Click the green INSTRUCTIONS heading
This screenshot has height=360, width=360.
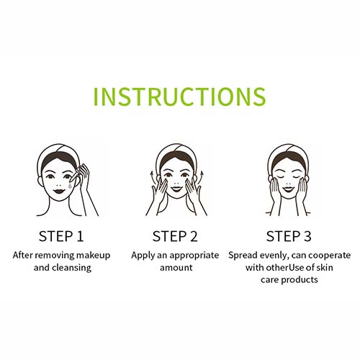coord(179,96)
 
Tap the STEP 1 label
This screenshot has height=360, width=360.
coord(61,236)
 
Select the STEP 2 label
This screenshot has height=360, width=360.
coord(175,236)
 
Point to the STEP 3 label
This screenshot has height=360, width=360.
coord(289,236)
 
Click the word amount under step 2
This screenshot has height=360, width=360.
coord(176,268)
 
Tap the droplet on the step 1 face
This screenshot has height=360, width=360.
coord(70,186)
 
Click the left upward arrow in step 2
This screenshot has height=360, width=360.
coord(151,176)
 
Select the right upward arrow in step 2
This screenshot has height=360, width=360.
coord(202,176)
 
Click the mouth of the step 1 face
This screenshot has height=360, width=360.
coord(59,192)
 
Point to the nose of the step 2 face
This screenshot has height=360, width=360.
coord(176,183)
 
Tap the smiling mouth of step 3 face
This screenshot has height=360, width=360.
coord(288,189)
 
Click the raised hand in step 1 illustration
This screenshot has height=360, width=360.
coord(84,177)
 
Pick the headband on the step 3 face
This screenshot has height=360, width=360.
coord(288,153)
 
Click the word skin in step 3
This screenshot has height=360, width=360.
coord(325,268)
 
